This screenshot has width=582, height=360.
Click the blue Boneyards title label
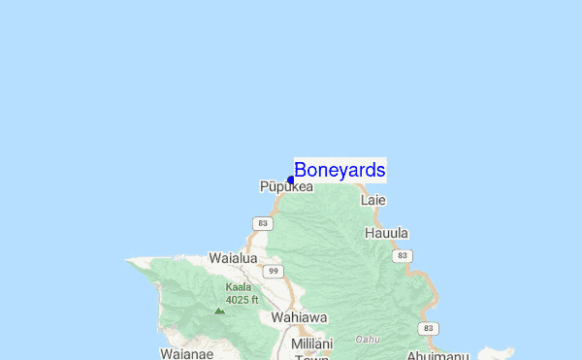point(339,170)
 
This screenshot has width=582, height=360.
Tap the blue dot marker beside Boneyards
point(291,180)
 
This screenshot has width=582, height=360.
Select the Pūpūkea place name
point(286,186)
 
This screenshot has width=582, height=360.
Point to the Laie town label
point(373,200)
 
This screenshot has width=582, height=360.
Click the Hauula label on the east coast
point(386,233)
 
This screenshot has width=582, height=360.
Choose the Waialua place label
point(233,258)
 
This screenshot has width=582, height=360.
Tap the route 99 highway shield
point(274,271)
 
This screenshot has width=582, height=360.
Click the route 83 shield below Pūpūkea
point(261,224)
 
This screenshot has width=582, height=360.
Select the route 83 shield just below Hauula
point(401,255)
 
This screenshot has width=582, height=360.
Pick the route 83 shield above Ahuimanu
point(429,329)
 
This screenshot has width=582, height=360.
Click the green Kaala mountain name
point(239,287)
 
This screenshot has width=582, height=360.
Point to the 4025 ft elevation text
point(242,299)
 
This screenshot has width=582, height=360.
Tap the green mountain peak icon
point(219,311)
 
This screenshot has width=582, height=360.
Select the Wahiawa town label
point(299,317)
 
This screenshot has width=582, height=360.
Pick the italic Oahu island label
point(368,339)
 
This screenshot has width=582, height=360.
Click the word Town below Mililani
point(312,356)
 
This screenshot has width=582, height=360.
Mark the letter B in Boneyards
point(301,170)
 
